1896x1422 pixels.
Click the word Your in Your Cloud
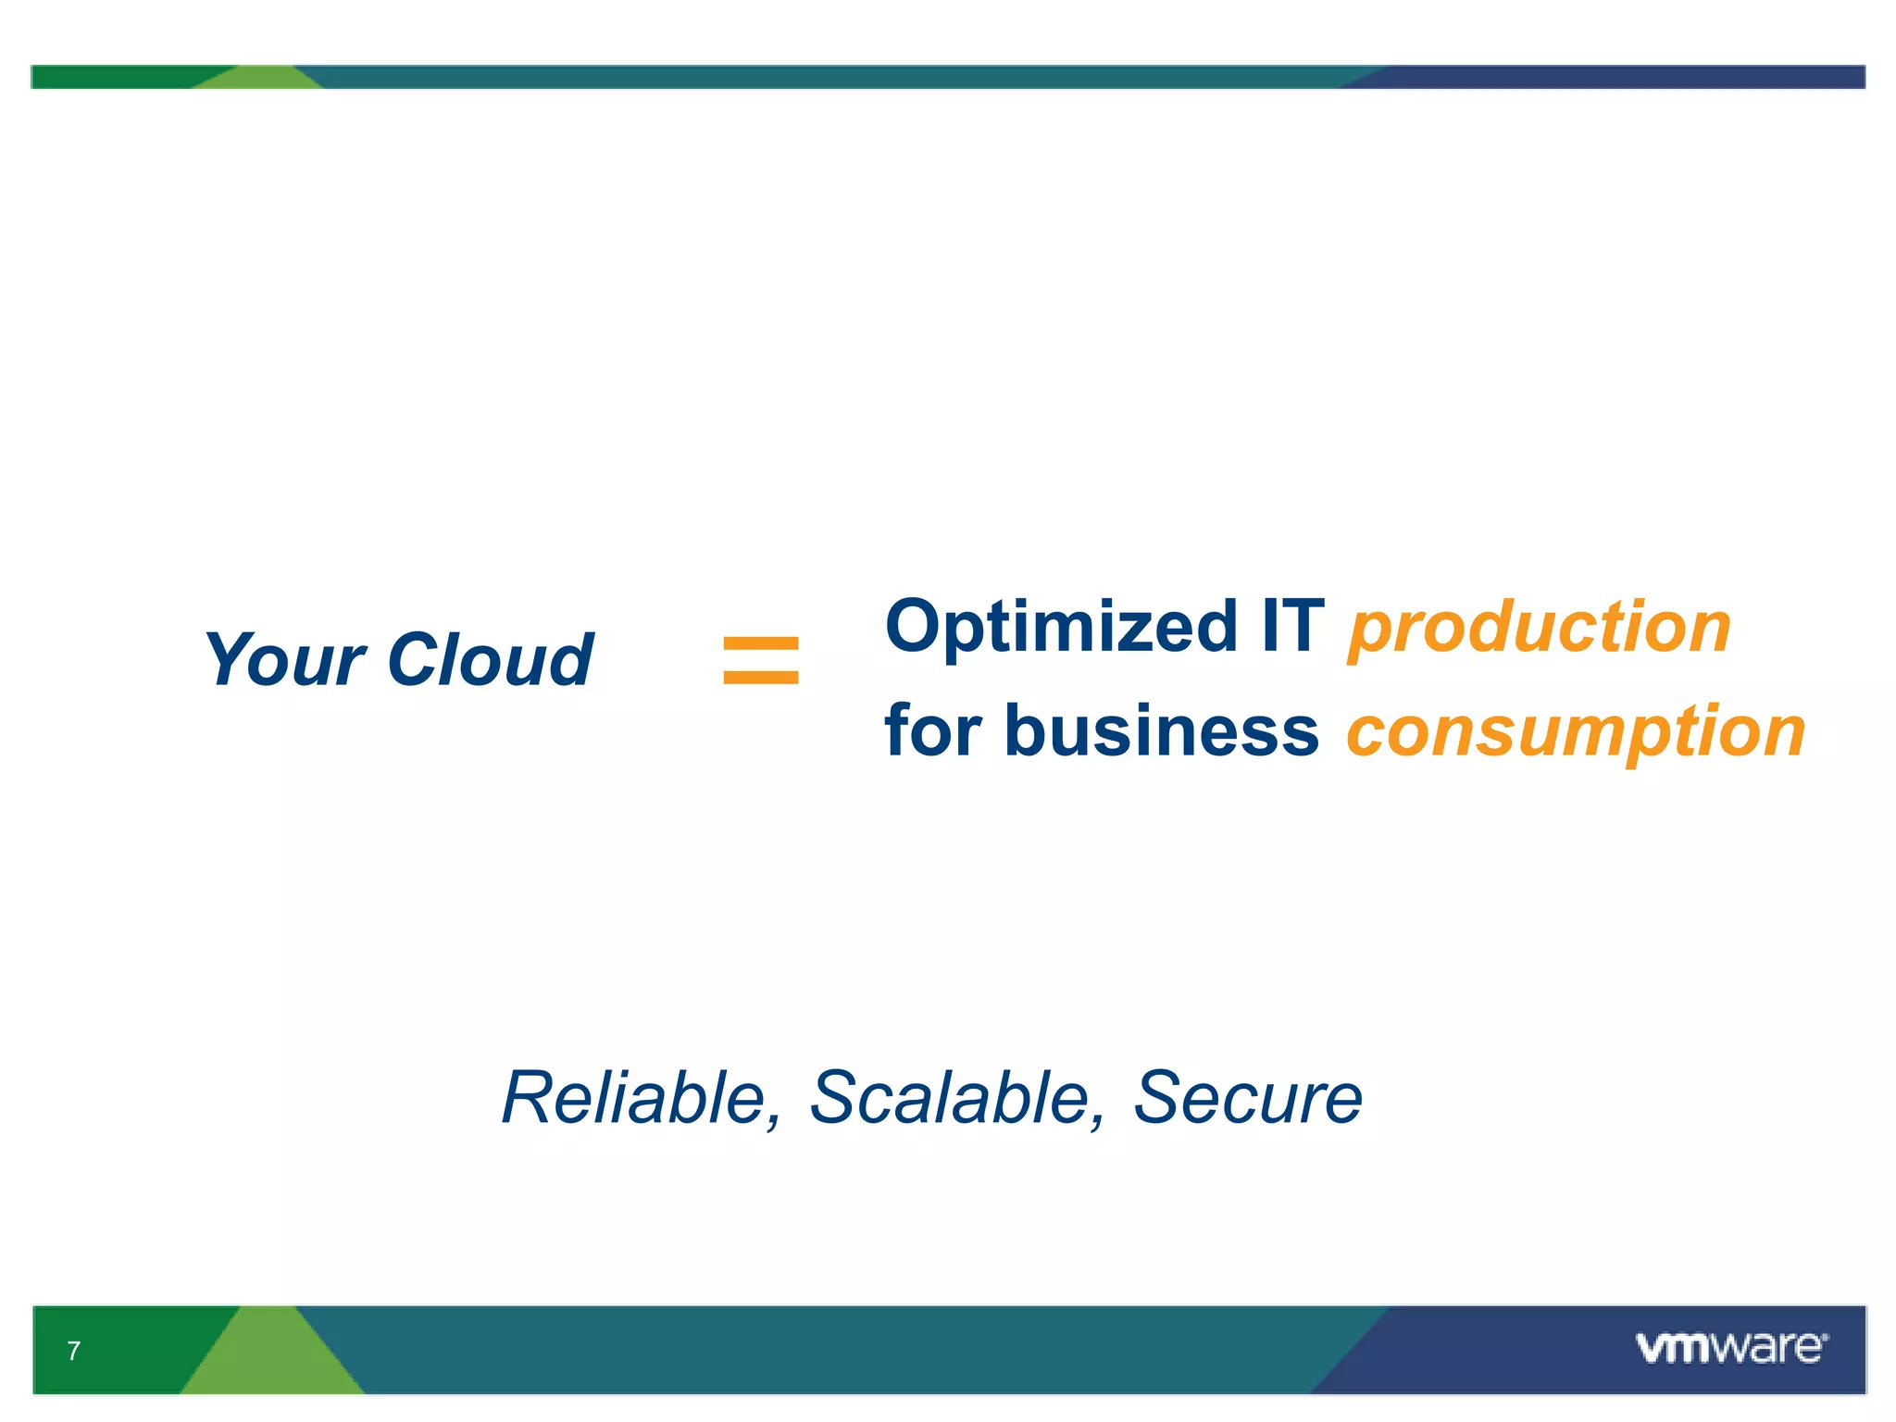[284, 660]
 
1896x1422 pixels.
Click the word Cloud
[490, 660]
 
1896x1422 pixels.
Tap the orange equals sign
[760, 660]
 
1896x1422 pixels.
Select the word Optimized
[1061, 628]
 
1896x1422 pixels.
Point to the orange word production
[1539, 628]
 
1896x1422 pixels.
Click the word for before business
[932, 730]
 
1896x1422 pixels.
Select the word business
[1161, 730]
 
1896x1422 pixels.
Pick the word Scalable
[950, 1098]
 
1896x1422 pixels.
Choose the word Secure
[1248, 1098]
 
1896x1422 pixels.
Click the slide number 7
[74, 1351]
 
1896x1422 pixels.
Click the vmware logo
[1730, 1348]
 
